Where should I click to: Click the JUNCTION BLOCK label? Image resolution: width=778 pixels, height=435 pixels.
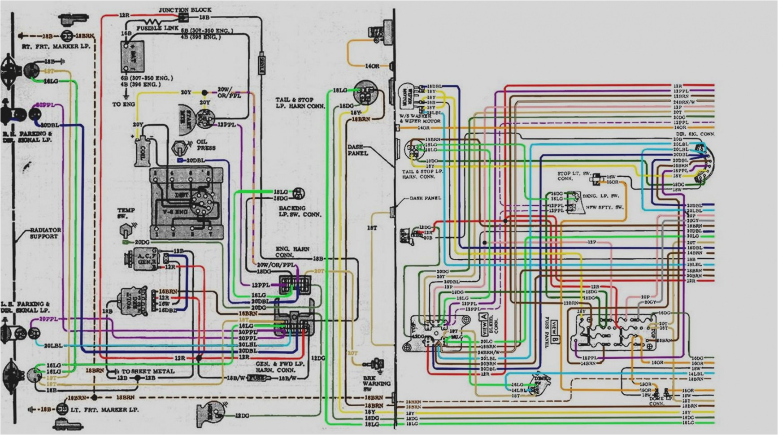185,10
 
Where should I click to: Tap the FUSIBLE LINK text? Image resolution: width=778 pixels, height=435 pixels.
157,28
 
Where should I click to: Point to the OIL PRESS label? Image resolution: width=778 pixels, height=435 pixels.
205,144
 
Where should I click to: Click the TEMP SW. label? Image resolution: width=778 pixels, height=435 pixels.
126,213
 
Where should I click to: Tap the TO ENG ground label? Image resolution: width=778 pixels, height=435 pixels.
123,104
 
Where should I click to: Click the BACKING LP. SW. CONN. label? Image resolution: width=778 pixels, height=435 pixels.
300,211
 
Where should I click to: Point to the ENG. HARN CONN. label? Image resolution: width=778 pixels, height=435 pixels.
292,252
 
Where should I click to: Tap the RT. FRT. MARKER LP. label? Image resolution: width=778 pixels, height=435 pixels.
56,47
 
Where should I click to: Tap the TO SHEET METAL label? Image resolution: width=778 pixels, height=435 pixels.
148,371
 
